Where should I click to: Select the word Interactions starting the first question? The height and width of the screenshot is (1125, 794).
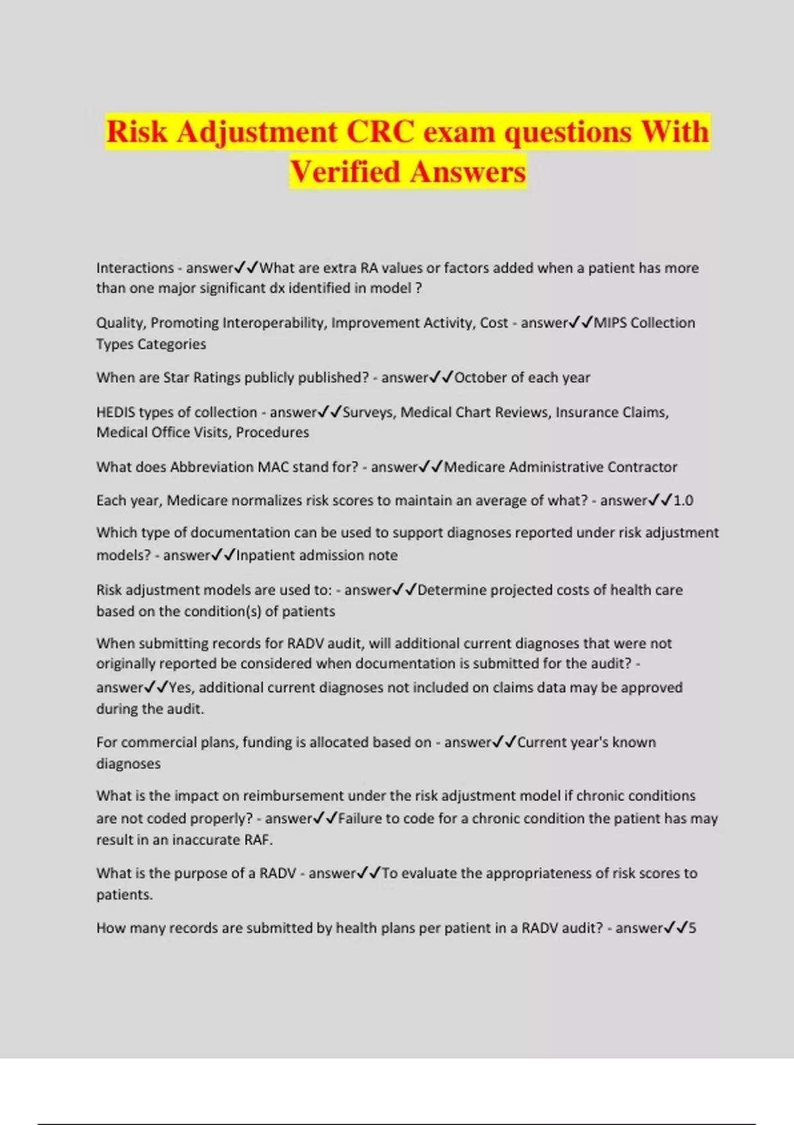coord(135,268)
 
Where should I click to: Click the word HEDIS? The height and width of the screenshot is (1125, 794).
coord(116,412)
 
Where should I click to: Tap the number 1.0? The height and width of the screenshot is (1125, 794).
coord(684,501)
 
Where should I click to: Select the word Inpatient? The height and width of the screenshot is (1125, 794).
coord(265,556)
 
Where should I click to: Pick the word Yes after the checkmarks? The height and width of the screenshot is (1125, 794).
coord(181,688)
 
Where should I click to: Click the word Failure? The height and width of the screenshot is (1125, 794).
coord(359,819)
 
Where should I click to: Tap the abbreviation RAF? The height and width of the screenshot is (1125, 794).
coord(257,840)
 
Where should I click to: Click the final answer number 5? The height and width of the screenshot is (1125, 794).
coord(692,928)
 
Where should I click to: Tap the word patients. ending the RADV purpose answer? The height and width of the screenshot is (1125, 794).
coord(124,895)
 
